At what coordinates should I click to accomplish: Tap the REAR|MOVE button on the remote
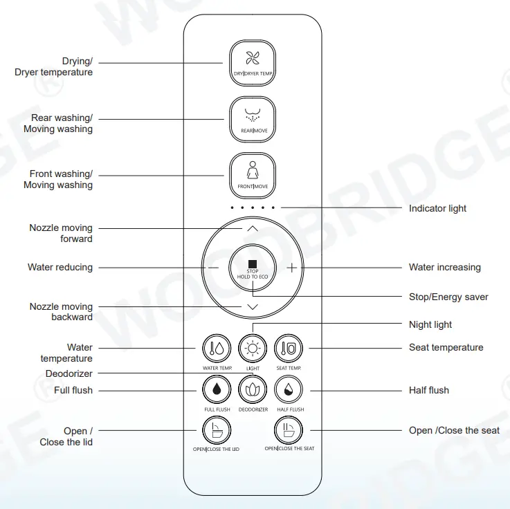click(253, 120)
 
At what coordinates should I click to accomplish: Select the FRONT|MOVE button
click(253, 176)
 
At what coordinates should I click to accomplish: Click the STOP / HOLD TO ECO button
click(253, 267)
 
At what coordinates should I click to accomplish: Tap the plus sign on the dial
click(292, 267)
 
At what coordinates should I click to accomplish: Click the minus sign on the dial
click(213, 267)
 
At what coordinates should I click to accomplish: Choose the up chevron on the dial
click(253, 228)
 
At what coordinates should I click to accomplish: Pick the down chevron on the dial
click(253, 306)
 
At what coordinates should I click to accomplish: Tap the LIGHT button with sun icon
click(253, 348)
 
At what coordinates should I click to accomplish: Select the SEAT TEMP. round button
click(289, 348)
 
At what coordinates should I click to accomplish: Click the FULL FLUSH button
click(217, 390)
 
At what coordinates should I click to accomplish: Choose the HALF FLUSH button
click(289, 390)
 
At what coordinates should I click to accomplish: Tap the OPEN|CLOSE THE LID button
click(217, 430)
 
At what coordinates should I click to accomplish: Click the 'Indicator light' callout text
click(437, 208)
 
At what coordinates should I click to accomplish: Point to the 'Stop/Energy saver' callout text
click(448, 297)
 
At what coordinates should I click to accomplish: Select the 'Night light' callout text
click(430, 324)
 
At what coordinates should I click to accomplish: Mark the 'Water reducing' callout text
click(60, 267)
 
